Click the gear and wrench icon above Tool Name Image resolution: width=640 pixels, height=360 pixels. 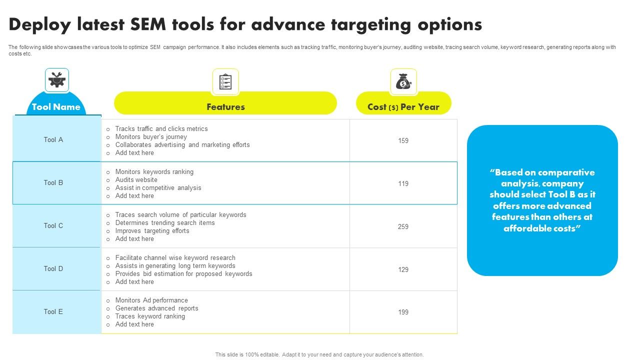coord(57,79)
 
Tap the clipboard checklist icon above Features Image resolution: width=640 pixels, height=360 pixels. coord(225,81)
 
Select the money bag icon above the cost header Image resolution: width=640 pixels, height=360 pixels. coord(403,81)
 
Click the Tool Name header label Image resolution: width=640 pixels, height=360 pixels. coord(56,107)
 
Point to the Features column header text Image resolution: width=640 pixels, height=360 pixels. coord(225,107)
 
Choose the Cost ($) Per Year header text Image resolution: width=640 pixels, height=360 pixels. coord(403,107)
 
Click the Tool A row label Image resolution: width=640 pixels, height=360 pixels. coord(53,139)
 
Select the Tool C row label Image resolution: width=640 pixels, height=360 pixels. coord(53,225)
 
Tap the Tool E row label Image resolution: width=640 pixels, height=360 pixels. coord(53,311)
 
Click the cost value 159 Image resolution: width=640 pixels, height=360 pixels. coord(403,140)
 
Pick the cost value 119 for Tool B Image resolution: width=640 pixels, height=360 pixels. coord(403,183)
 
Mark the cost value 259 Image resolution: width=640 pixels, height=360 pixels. coord(403,226)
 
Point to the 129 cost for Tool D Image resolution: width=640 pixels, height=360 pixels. coord(403,269)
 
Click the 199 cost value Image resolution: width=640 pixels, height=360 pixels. coord(403,312)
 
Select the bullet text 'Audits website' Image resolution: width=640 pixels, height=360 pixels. coord(136,179)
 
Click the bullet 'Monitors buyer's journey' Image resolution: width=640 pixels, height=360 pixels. coord(151,137)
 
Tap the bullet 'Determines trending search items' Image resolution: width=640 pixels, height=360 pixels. coord(165,223)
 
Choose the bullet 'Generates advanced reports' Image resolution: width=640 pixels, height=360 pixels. coord(156,308)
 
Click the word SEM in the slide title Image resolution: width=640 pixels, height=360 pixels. coord(148,24)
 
